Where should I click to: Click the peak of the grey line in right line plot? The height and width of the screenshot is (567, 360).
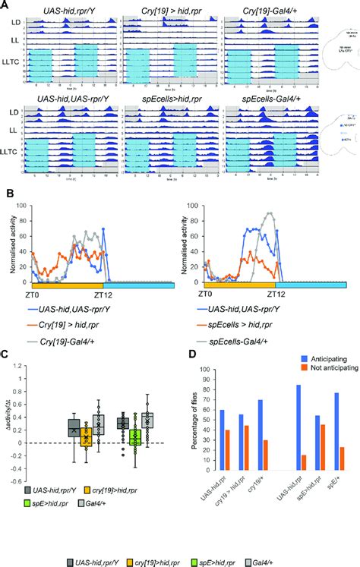click(269, 213)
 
